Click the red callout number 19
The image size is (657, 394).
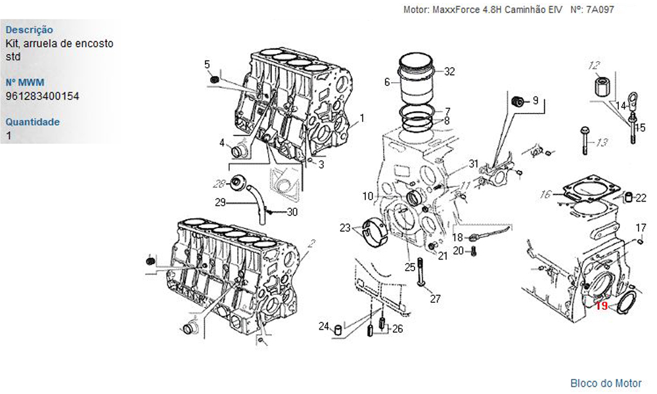click(x=602, y=306)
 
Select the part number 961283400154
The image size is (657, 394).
click(x=42, y=97)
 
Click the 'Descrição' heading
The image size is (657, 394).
click(x=30, y=30)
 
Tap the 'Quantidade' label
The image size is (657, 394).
click(x=33, y=122)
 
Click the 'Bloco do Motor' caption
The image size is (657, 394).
click(x=606, y=383)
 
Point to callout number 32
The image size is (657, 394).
click(x=449, y=72)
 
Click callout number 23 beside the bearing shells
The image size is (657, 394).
click(x=345, y=229)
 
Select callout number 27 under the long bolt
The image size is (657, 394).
click(x=436, y=299)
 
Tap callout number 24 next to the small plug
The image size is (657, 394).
click(x=324, y=326)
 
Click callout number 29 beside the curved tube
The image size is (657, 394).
click(x=220, y=203)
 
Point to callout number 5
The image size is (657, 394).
click(x=207, y=64)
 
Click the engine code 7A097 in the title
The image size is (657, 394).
click(x=600, y=10)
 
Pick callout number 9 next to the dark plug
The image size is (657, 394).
click(x=535, y=100)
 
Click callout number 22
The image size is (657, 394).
click(x=641, y=198)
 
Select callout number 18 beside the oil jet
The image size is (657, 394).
click(x=457, y=238)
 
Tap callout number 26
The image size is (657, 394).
click(x=397, y=329)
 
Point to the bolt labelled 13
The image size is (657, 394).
click(x=585, y=141)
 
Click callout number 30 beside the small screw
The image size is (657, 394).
click(x=292, y=212)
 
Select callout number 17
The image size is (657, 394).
click(x=641, y=229)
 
